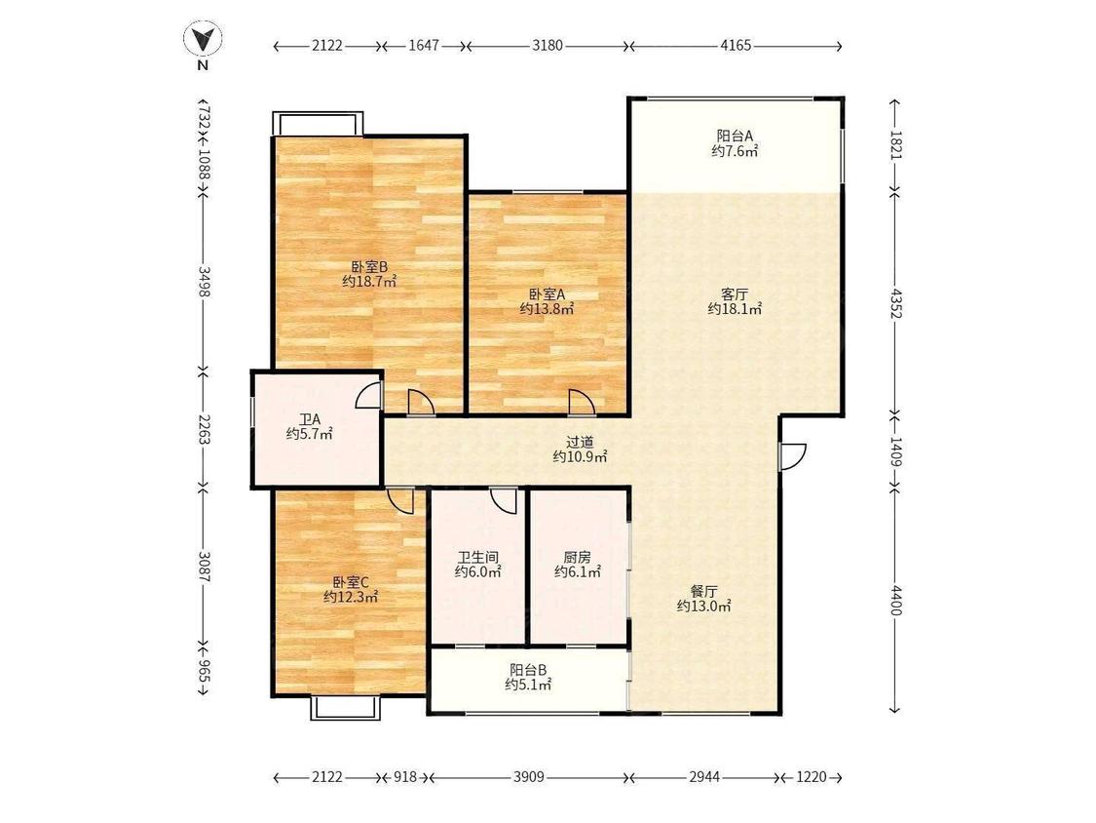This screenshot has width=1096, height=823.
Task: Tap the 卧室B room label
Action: pyautogui.click(x=369, y=266)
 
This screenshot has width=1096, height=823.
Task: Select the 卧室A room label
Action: pyautogui.click(x=547, y=294)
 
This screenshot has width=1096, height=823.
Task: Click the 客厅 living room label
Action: pyautogui.click(x=735, y=294)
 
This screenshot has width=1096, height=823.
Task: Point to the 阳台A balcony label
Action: pyautogui.click(x=735, y=136)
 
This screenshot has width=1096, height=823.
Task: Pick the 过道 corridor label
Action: pyautogui.click(x=580, y=443)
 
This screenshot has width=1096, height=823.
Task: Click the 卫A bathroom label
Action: pyautogui.click(x=310, y=419)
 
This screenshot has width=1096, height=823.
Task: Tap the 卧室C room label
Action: pyautogui.click(x=350, y=582)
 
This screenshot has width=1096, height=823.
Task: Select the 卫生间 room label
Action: pyautogui.click(x=478, y=558)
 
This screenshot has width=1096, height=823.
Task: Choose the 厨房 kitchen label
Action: pyautogui.click(x=578, y=558)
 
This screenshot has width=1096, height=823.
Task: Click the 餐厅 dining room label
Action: pyautogui.click(x=703, y=591)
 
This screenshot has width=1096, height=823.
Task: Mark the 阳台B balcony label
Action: pyautogui.click(x=528, y=670)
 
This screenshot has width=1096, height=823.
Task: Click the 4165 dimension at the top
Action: pyautogui.click(x=736, y=46)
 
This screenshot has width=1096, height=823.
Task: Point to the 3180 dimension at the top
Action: pyautogui.click(x=548, y=46)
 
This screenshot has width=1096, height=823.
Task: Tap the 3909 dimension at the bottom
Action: pyautogui.click(x=528, y=777)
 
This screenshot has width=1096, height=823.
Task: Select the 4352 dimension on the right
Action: pyautogui.click(x=896, y=301)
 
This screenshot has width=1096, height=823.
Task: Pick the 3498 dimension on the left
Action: pyautogui.click(x=204, y=281)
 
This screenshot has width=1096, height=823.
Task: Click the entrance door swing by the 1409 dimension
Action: pyautogui.click(x=793, y=456)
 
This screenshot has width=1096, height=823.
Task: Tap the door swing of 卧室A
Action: pyautogui.click(x=582, y=403)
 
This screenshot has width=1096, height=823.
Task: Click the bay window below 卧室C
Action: pyautogui.click(x=346, y=708)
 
